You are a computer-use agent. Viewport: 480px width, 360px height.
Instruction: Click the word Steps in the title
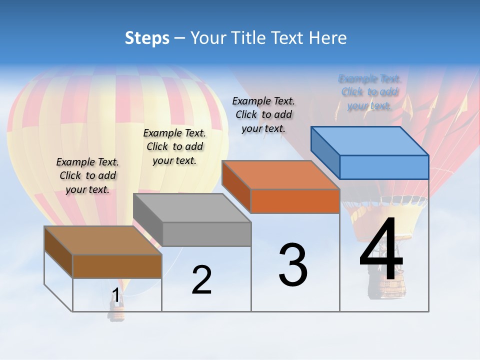click(x=147, y=38)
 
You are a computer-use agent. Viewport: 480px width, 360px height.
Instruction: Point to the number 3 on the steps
click(x=293, y=264)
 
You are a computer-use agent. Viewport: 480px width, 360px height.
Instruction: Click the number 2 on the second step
click(x=201, y=280)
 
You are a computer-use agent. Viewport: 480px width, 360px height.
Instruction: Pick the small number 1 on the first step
click(x=116, y=295)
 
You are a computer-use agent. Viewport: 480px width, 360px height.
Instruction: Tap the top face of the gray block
click(x=192, y=208)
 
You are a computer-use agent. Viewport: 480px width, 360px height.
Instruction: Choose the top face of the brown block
click(x=103, y=240)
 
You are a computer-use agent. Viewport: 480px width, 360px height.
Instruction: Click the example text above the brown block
click(x=88, y=175)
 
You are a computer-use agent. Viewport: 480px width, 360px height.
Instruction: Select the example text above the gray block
click(x=174, y=146)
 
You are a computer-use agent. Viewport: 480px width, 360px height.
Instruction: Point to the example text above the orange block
click(x=263, y=114)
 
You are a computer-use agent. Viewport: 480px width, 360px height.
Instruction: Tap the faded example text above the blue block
click(x=369, y=92)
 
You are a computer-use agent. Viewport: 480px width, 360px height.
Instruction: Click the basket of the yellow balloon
click(x=117, y=313)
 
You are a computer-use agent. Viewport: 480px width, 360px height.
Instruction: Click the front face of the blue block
click(x=384, y=167)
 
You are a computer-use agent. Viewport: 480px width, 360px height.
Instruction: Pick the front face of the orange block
click(x=295, y=201)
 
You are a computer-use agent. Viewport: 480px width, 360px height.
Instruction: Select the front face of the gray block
click(x=206, y=234)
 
